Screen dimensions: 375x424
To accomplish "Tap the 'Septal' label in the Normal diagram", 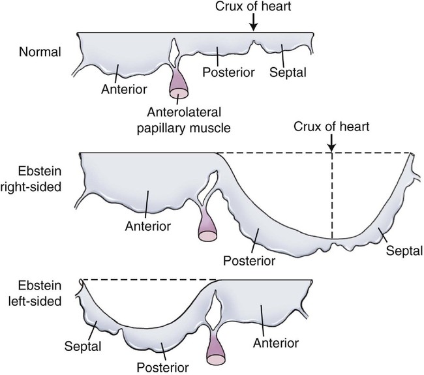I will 287,69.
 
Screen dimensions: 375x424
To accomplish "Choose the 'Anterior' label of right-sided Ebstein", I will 147,226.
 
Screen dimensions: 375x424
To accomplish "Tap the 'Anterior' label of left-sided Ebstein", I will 278,342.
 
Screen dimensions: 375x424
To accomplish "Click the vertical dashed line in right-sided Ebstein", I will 332,196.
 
